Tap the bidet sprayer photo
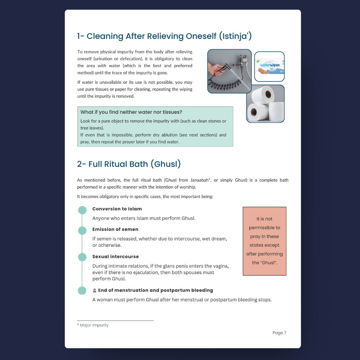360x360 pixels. tap(229, 71)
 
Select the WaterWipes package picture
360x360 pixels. tap(269, 66)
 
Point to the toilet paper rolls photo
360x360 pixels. tap(265, 104)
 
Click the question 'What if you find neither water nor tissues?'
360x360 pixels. tap(131, 112)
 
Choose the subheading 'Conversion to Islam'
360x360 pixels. tap(117, 209)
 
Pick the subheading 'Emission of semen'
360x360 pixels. tap(115, 229)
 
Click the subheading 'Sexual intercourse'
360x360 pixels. tap(115, 257)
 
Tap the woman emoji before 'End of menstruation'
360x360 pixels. tap(95, 290)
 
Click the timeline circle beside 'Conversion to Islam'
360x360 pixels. tap(82, 210)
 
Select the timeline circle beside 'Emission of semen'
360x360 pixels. tap(82, 231)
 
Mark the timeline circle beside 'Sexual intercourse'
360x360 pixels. tap(82, 257)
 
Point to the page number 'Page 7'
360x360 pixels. tap(279, 333)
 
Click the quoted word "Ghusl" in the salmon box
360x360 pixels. tap(268, 263)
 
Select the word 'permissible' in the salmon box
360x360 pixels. tap(264, 228)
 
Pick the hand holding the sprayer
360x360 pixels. tap(216, 69)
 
